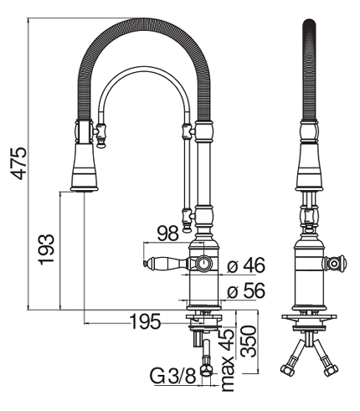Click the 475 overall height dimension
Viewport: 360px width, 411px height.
[18, 163]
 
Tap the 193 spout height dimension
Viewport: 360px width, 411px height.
[46, 249]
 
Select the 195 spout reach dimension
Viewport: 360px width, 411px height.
[146, 321]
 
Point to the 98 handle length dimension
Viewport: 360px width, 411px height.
[167, 234]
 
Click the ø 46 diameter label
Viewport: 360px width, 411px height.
[245, 265]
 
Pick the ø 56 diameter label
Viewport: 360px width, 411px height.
[245, 291]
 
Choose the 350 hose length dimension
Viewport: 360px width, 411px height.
[249, 342]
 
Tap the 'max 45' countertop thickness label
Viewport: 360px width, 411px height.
[227, 360]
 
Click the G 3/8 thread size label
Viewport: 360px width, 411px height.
[173, 375]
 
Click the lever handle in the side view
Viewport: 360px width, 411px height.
[166, 264]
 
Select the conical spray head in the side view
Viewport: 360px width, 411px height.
[85, 167]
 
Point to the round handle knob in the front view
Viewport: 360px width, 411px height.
[334, 263]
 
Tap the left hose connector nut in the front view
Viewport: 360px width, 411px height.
[286, 370]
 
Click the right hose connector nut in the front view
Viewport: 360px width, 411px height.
[331, 370]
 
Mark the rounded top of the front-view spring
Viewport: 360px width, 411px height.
[309, 23]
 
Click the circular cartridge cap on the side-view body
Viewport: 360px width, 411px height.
[203, 263]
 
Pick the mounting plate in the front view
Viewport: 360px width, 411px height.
[308, 317]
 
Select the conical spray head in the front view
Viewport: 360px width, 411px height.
[310, 167]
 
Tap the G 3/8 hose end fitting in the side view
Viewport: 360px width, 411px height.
[207, 371]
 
